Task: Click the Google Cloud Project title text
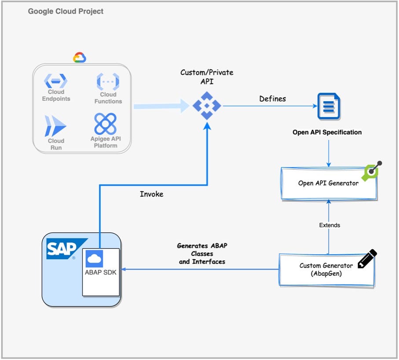pos(66,11)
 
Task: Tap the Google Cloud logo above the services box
pos(80,58)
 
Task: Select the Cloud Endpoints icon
pos(56,81)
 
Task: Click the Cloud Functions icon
pos(108,82)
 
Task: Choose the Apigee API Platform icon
pos(106,124)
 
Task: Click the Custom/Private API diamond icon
pos(207,106)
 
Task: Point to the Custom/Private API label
pos(207,77)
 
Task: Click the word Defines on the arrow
pos(272,99)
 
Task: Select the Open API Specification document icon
pos(329,106)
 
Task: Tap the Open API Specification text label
pos(327,132)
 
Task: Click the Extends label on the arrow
pos(329,225)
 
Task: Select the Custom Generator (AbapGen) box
pos(326,269)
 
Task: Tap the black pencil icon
pos(367,259)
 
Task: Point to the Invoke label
pos(151,194)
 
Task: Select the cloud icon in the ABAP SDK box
pos(95,258)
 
